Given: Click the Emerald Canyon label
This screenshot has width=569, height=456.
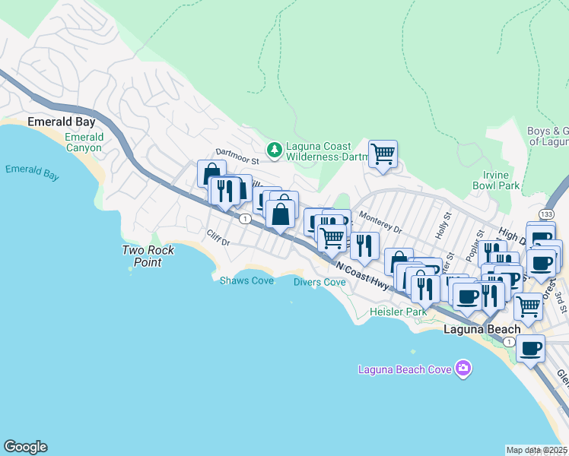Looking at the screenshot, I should (x=84, y=142).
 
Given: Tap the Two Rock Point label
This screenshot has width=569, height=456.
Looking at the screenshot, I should (x=149, y=256).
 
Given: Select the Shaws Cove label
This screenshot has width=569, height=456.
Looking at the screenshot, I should (x=246, y=280).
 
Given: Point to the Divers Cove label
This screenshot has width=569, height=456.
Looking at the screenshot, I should (x=319, y=282).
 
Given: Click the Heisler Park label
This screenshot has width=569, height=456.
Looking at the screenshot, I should (x=399, y=312).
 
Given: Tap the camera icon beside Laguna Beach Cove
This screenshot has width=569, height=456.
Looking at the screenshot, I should (x=463, y=369).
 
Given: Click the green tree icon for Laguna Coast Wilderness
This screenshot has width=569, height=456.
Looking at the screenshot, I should (x=275, y=151).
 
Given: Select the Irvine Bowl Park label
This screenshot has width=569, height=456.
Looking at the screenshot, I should (x=495, y=180).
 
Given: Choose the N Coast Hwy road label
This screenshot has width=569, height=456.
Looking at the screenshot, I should (x=362, y=276).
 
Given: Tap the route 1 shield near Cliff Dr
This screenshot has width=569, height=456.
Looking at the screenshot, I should (x=244, y=219).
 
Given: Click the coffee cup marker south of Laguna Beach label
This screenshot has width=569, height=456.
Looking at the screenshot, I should (x=530, y=349).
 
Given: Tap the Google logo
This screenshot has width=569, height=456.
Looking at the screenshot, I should (x=25, y=447).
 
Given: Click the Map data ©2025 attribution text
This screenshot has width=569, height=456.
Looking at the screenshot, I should (x=536, y=450).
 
